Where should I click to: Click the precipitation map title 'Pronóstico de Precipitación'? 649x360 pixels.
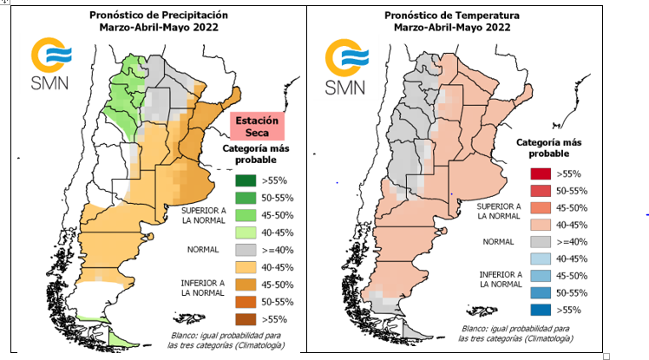pyautogui.click(x=159, y=15)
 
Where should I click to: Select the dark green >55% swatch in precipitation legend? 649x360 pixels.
pyautogui.click(x=246, y=181)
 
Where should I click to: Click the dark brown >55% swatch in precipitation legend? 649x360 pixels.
pyautogui.click(x=246, y=319)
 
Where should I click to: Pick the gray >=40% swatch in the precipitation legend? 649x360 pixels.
pyautogui.click(x=246, y=250)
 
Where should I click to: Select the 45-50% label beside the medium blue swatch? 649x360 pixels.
pyautogui.click(x=572, y=275)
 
